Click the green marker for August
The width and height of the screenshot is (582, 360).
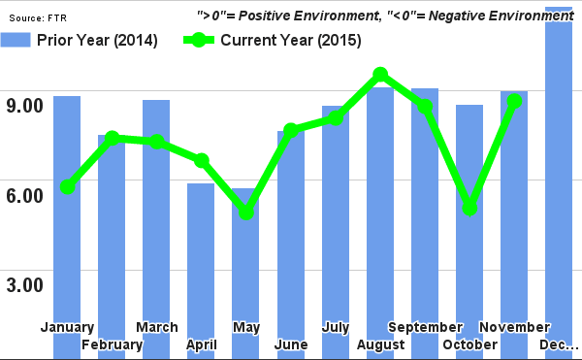tap(380, 75)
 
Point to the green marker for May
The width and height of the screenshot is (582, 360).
tap(246, 212)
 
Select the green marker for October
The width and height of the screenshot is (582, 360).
tap(469, 208)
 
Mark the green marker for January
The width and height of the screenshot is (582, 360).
tap(67, 186)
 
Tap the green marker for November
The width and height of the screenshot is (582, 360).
tap(514, 101)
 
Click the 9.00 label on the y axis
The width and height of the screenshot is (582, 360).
tap(25, 105)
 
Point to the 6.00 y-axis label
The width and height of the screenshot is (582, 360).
tap(25, 195)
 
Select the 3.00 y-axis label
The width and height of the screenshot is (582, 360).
tap(25, 285)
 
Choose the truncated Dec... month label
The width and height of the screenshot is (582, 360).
tap(559, 344)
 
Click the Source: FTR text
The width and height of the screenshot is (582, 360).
tap(39, 16)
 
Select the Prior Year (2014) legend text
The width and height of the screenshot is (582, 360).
tap(98, 40)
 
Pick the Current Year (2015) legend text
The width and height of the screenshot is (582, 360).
tap(291, 40)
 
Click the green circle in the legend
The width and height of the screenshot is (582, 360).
tap(199, 40)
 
